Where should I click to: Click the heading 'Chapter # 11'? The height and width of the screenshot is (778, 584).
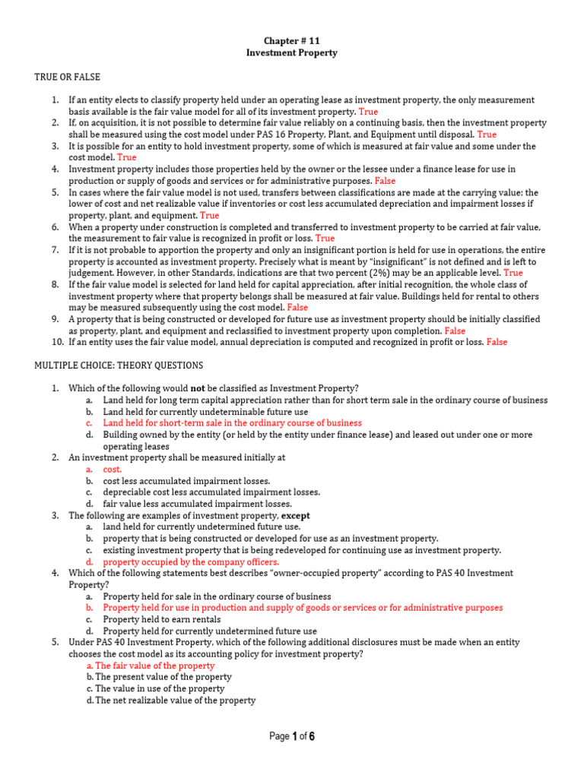click(292, 40)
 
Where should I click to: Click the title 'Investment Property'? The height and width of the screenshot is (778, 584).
click(292, 53)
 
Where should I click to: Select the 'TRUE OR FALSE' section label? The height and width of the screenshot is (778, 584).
click(67, 77)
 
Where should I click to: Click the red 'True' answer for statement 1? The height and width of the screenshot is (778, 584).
click(368, 112)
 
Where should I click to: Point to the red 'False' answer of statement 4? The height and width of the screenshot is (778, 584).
click(385, 181)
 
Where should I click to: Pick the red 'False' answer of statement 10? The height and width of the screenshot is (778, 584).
click(497, 343)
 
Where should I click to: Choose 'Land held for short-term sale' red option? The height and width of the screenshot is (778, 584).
click(233, 422)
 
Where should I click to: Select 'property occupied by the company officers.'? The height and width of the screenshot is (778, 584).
click(186, 562)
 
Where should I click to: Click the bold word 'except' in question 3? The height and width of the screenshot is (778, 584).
click(296, 515)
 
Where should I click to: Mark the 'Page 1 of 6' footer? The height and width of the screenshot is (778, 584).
click(292, 736)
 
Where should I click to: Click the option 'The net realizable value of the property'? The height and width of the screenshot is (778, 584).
click(175, 700)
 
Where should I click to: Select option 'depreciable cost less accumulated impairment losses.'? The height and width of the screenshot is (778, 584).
click(211, 492)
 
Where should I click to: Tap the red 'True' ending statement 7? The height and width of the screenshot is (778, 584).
click(513, 273)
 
